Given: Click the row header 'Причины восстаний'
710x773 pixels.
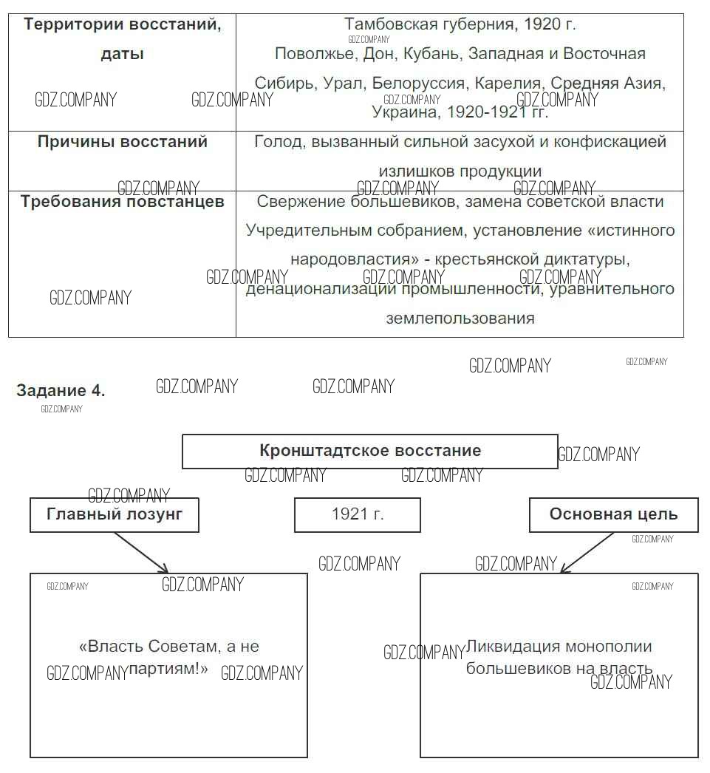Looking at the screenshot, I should pyautogui.click(x=123, y=142).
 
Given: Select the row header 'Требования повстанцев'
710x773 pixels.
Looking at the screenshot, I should pyautogui.click(x=123, y=202).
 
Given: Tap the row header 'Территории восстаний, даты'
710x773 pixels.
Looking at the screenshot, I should pyautogui.click(x=123, y=38).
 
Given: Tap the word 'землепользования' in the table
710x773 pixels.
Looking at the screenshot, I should pyautogui.click(x=460, y=319).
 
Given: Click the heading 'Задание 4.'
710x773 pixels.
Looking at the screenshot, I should pyautogui.click(x=61, y=391).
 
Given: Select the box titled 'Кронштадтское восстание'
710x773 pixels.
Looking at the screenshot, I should pyautogui.click(x=369, y=451).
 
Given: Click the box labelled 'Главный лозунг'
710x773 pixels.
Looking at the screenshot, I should pyautogui.click(x=115, y=514).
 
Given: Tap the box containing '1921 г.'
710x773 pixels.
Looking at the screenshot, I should pyautogui.click(x=358, y=514).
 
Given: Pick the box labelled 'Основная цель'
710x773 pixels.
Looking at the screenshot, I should pyautogui.click(x=613, y=514).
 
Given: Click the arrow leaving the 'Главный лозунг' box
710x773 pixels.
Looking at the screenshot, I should pyautogui.click(x=142, y=552).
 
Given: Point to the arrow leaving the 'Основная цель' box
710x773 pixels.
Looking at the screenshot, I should pyautogui.click(x=587, y=552).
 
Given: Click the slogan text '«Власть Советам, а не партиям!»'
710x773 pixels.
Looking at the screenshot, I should pyautogui.click(x=168, y=658).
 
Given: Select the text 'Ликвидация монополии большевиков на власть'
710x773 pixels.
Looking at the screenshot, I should pyautogui.click(x=559, y=658).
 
